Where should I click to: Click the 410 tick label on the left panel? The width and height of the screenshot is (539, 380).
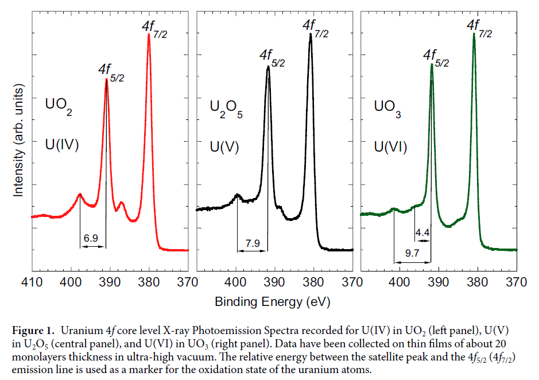pos(32,282)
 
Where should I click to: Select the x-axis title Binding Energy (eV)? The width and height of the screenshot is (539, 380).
pos(273,301)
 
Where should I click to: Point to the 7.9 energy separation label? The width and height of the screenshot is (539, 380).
pos(253,243)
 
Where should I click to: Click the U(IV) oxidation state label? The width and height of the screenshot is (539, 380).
pos(62,144)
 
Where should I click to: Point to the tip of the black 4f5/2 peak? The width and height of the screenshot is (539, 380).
pos(268,66)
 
